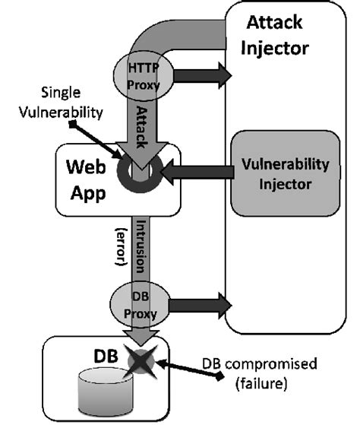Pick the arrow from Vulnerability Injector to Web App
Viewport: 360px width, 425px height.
[197, 174]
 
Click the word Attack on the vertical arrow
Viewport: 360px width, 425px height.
[142, 122]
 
